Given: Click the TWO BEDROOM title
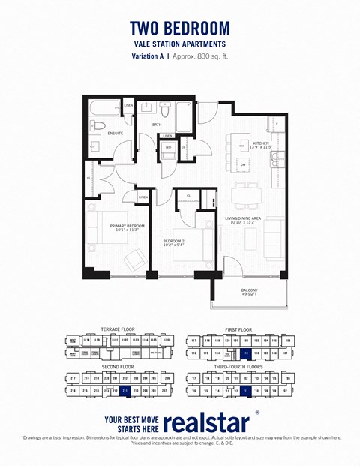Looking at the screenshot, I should [x=180, y=28].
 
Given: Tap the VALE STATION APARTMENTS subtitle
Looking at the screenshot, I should [x=180, y=44].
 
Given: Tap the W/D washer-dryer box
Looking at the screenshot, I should [x=168, y=148].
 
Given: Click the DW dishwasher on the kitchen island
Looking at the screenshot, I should [x=243, y=164].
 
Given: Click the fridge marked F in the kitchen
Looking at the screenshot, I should [x=277, y=122].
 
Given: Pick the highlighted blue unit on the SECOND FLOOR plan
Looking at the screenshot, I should [x=125, y=390].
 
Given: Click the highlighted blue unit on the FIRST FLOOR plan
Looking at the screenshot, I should [x=245, y=353].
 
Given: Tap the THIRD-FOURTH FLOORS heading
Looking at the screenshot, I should [x=244, y=368].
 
